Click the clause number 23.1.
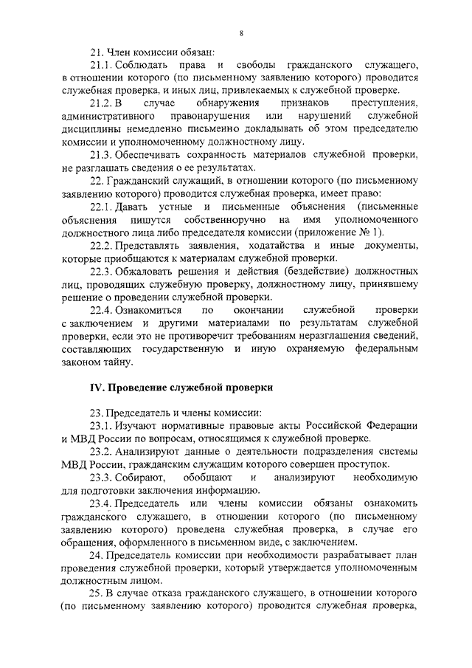[100, 426]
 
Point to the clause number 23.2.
[100, 452]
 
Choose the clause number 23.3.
[100, 478]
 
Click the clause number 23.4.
[100, 503]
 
